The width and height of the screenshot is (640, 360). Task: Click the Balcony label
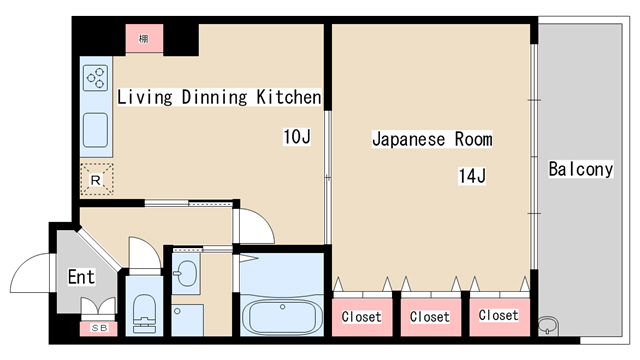point(580,169)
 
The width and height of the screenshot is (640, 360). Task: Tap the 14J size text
point(472,177)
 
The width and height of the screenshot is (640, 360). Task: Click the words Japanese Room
point(431,139)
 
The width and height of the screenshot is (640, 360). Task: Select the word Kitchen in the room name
point(289,97)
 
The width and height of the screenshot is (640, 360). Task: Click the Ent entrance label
point(81,276)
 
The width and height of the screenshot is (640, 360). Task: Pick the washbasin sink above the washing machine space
point(186,271)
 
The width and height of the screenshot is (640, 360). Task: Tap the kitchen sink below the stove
point(96,129)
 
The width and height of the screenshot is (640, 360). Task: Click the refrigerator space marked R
point(96,179)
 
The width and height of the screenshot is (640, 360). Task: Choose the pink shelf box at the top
point(145,38)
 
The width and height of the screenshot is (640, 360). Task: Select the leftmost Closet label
point(361,317)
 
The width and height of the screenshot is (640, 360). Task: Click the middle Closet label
point(429,317)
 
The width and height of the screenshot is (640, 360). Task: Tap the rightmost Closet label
point(497,316)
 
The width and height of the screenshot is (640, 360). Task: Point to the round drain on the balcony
point(547,325)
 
